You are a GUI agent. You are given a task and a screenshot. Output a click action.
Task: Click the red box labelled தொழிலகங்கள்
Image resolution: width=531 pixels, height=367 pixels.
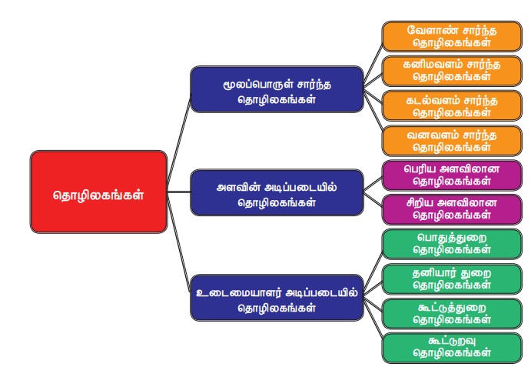tap(98, 192)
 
